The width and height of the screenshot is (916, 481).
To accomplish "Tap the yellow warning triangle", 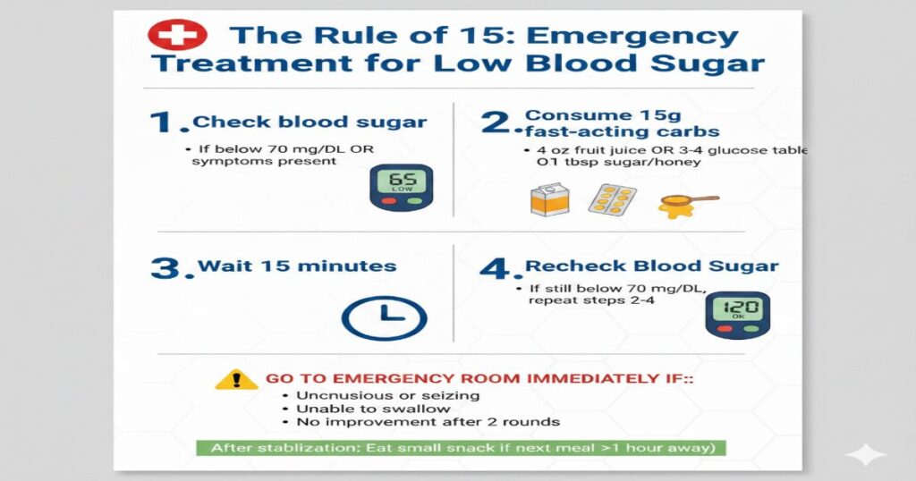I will (x=237, y=379).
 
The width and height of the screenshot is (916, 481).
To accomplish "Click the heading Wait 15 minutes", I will (x=296, y=266).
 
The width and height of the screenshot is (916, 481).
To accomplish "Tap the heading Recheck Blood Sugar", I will (x=651, y=266).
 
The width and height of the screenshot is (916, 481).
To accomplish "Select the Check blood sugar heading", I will (x=310, y=122).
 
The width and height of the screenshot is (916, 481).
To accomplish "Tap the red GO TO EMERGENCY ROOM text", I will (x=479, y=379).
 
